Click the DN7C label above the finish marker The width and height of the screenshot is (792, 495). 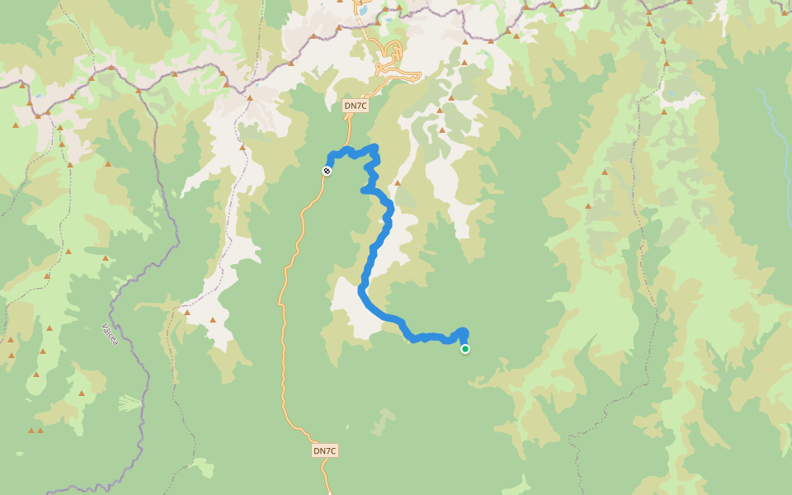(355, 106)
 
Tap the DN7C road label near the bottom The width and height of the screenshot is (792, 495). (325, 450)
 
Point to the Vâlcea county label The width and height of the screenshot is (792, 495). (109, 334)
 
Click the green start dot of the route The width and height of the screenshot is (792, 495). (465, 349)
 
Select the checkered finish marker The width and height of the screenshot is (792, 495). (328, 171)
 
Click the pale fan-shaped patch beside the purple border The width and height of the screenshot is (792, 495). (130, 403)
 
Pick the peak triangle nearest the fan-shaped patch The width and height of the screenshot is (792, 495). (82, 394)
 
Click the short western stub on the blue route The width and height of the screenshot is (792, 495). (365, 191)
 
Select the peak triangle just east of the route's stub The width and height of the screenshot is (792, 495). (397, 183)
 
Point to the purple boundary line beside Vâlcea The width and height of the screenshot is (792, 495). (146, 363)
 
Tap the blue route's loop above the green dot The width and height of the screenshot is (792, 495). (462, 332)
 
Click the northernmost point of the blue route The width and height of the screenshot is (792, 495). (374, 148)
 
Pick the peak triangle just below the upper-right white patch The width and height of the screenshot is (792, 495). (663, 111)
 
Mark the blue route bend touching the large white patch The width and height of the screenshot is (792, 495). (362, 290)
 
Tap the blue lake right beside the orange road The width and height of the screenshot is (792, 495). (361, 12)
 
